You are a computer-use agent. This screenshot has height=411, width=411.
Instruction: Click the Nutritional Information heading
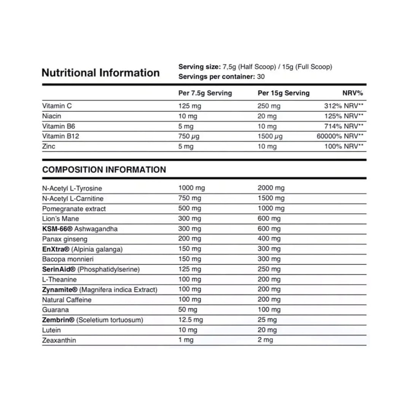[x=100, y=73]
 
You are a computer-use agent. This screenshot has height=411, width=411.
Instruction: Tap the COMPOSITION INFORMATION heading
[x=104, y=170]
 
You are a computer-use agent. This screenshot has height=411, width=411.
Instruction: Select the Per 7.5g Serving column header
[x=205, y=93]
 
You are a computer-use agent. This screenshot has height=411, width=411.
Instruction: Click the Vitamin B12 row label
[x=61, y=136]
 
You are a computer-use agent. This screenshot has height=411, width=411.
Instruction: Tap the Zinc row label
[x=49, y=146]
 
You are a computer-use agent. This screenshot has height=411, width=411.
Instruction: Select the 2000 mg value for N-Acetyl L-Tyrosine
[x=271, y=188]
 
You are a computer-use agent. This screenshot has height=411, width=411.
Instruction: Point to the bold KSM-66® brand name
[x=58, y=229]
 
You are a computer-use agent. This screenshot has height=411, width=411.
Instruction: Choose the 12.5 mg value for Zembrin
[x=191, y=320]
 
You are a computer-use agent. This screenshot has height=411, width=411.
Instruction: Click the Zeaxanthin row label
[x=59, y=340]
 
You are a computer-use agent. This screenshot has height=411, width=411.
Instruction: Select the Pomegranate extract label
[x=74, y=209]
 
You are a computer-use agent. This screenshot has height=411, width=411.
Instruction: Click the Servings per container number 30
[x=261, y=76]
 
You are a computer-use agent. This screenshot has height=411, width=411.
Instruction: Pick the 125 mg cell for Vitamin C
[x=189, y=106]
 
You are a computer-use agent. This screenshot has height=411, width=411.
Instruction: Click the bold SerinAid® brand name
[x=59, y=269]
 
